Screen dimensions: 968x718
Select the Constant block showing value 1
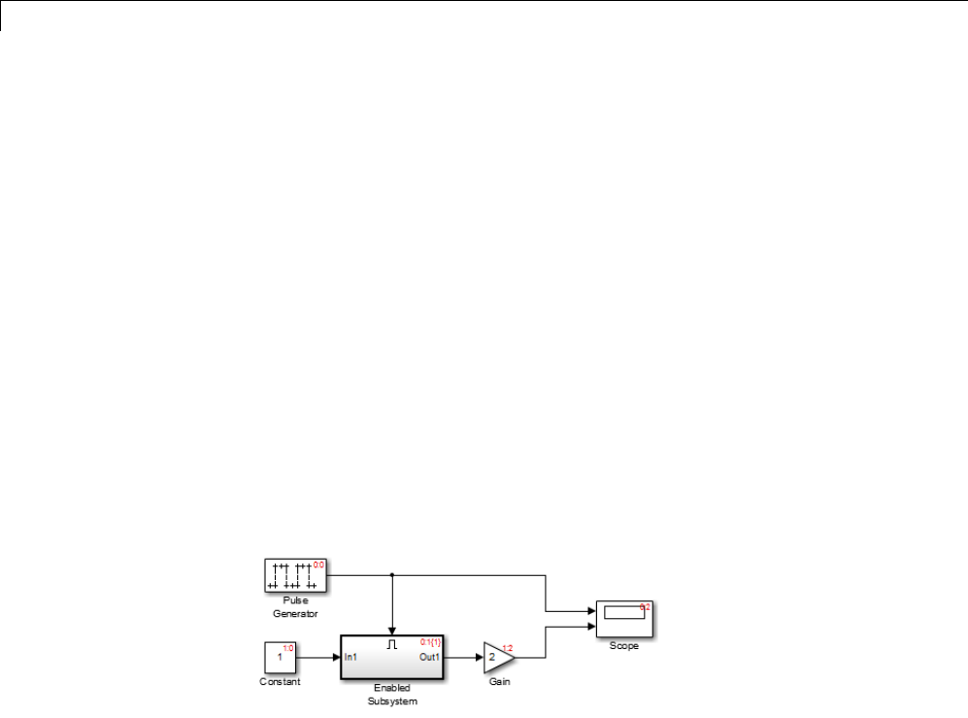point(280,658)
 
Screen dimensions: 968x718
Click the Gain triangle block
point(496,658)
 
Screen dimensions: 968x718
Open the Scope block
point(623,619)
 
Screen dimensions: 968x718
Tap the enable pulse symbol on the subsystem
point(392,643)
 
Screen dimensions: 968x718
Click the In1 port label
point(351,658)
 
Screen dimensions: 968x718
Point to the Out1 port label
point(430,658)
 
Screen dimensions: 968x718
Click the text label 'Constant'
point(280,682)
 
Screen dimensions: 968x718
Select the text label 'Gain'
point(499,682)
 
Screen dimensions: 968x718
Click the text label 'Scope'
point(623,646)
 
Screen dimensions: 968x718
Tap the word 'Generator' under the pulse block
point(295,614)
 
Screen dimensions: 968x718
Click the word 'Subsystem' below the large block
point(392,701)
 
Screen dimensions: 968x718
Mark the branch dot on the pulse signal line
point(392,575)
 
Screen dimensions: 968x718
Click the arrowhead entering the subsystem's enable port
point(392,631)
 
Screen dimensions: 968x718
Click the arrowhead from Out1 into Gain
point(479,658)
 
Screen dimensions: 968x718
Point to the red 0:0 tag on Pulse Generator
point(318,564)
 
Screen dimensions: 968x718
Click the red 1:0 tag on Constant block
point(287,647)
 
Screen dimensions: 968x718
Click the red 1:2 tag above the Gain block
point(507,647)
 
